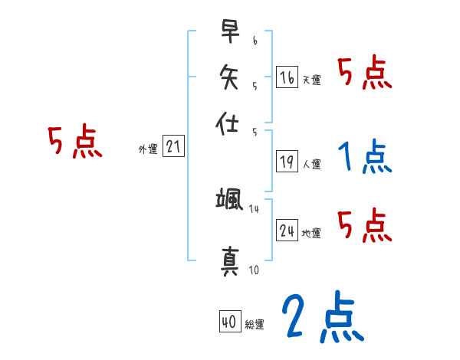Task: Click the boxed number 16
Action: (x=287, y=77)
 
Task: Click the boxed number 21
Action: (x=173, y=147)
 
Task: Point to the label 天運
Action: (x=311, y=80)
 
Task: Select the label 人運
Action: (x=311, y=163)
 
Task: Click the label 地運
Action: (x=312, y=233)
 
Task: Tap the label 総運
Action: (x=255, y=325)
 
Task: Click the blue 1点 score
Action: (x=363, y=157)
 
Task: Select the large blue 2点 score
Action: (x=321, y=317)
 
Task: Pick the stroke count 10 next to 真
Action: (x=255, y=270)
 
